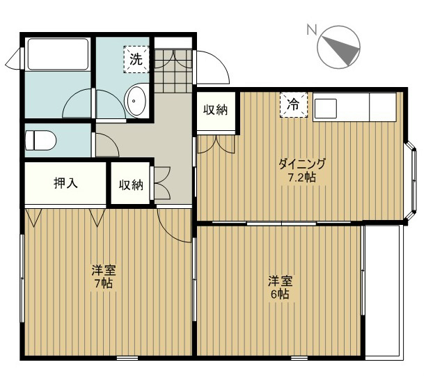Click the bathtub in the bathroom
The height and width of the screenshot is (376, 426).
tap(58, 54)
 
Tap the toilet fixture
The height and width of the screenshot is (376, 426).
tap(40, 140)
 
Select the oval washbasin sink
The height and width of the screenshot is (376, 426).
tap(136, 100)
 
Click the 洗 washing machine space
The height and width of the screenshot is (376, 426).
tap(136, 59)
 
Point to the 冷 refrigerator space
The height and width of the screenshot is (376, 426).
tap(294, 104)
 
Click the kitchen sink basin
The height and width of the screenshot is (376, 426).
tap(326, 109)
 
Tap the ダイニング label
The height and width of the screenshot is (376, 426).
tap(302, 164)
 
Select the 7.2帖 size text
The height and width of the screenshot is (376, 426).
tap(302, 178)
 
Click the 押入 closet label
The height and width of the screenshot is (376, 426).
tap(65, 183)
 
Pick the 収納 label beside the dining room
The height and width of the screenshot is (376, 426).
tap(216, 110)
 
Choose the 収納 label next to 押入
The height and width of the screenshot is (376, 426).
tap(131, 185)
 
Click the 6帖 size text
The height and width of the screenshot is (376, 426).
tap(280, 295)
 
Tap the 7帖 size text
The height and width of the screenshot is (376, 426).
tap(104, 283)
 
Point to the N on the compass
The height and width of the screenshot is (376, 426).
tap(312, 29)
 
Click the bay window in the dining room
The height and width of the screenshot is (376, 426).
tap(411, 180)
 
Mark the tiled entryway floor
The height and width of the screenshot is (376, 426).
tap(173, 70)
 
